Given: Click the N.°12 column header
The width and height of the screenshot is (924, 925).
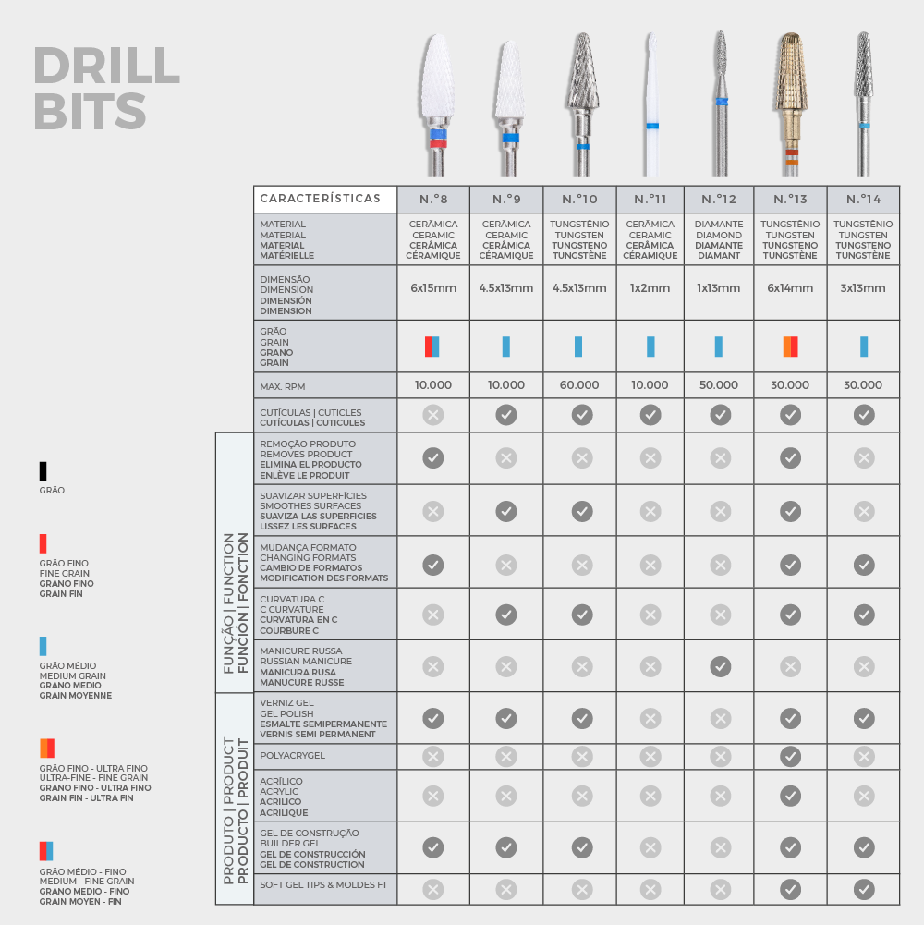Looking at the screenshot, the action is click(719, 200).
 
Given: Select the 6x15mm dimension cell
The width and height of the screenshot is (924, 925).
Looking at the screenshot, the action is click(433, 288).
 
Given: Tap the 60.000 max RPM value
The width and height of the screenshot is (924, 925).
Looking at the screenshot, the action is click(578, 385).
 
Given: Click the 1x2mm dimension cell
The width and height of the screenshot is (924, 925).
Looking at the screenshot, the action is click(650, 288).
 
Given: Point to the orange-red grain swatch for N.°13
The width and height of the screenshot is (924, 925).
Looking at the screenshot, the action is click(790, 347).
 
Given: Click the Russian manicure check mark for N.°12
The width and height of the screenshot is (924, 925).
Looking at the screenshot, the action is click(720, 666).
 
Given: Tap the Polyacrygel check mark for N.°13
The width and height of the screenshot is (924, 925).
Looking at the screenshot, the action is click(790, 756).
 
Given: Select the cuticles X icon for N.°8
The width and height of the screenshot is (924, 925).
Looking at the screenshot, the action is click(433, 415).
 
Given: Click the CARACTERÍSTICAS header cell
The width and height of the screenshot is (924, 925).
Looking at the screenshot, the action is click(325, 199).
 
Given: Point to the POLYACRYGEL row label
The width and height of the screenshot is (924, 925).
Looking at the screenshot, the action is click(293, 756).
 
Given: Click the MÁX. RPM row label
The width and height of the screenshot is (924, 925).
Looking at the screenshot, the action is click(283, 387).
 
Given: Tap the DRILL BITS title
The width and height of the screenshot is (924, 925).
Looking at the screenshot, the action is click(106, 88).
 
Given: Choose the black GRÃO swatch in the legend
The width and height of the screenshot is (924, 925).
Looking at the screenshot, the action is click(43, 471).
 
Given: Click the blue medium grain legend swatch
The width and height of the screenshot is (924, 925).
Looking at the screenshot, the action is click(43, 646).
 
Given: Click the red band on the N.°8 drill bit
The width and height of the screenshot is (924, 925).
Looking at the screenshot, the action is click(438, 144).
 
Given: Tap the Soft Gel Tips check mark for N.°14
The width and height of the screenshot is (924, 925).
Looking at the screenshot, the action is click(864, 889).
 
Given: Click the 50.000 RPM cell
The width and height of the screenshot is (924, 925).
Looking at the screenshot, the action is click(719, 385).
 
